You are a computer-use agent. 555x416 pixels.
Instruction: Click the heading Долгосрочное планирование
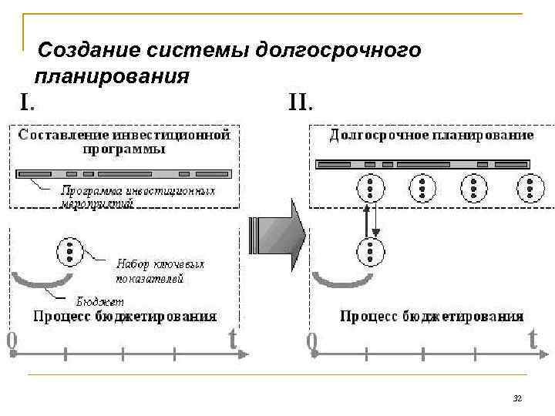coord(432,135)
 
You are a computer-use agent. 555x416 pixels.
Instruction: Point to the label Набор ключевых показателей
coord(160,270)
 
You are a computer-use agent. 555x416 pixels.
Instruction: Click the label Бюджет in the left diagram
coord(100,301)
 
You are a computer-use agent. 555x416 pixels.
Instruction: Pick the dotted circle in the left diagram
coord(69,251)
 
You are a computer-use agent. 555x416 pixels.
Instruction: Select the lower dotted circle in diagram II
coord(372,251)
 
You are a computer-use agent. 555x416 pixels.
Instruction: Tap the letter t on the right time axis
coord(532,339)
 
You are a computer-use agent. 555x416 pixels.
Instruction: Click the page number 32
coord(517,398)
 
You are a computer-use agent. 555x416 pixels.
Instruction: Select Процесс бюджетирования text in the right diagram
coord(432,316)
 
